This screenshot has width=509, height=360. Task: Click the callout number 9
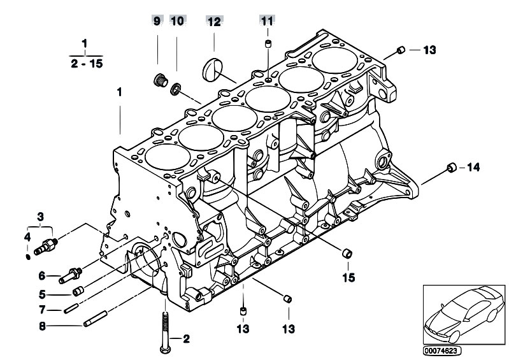157,22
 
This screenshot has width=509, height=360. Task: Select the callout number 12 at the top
214,22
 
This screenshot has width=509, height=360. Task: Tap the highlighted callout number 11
267,21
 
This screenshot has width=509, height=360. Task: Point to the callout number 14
473,167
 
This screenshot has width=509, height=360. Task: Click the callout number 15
348,278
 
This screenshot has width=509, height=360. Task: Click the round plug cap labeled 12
213,69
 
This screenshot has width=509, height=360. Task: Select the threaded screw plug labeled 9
161,80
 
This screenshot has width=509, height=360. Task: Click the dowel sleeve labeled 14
452,167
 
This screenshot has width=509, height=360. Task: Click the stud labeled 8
96,319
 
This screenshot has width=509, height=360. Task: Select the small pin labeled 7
71,308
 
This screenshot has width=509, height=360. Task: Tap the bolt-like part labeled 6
71,275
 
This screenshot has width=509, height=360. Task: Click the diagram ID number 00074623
442,350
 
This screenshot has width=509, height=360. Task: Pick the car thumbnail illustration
464,315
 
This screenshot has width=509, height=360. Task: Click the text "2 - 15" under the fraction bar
87,64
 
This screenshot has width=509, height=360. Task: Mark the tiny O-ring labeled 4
28,257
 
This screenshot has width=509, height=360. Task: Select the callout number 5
42,294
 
